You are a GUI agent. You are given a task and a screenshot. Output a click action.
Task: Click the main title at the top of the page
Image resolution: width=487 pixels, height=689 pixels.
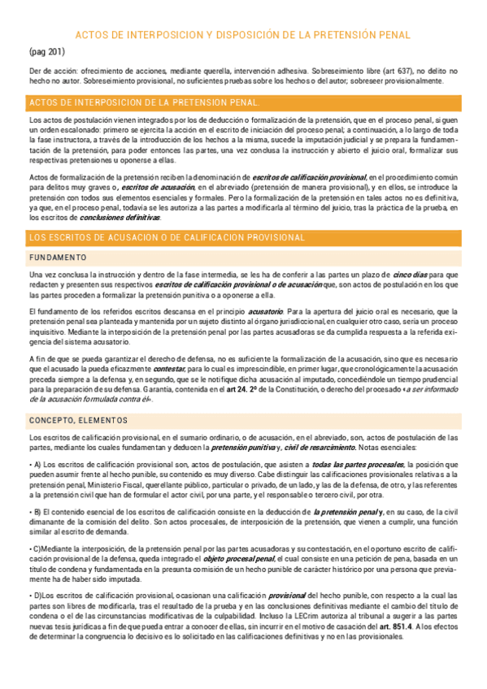pyautogui.click(x=243, y=35)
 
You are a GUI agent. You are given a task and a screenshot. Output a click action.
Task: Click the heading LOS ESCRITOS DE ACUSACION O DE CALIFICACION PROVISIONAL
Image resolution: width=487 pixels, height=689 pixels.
pyautogui.click(x=167, y=237)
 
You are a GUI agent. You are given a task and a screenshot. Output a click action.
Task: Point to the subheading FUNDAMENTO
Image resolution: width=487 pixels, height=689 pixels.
pyautogui.click(x=58, y=258)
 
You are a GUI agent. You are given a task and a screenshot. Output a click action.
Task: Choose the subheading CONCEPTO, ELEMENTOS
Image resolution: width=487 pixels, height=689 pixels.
pyautogui.click(x=78, y=420)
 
